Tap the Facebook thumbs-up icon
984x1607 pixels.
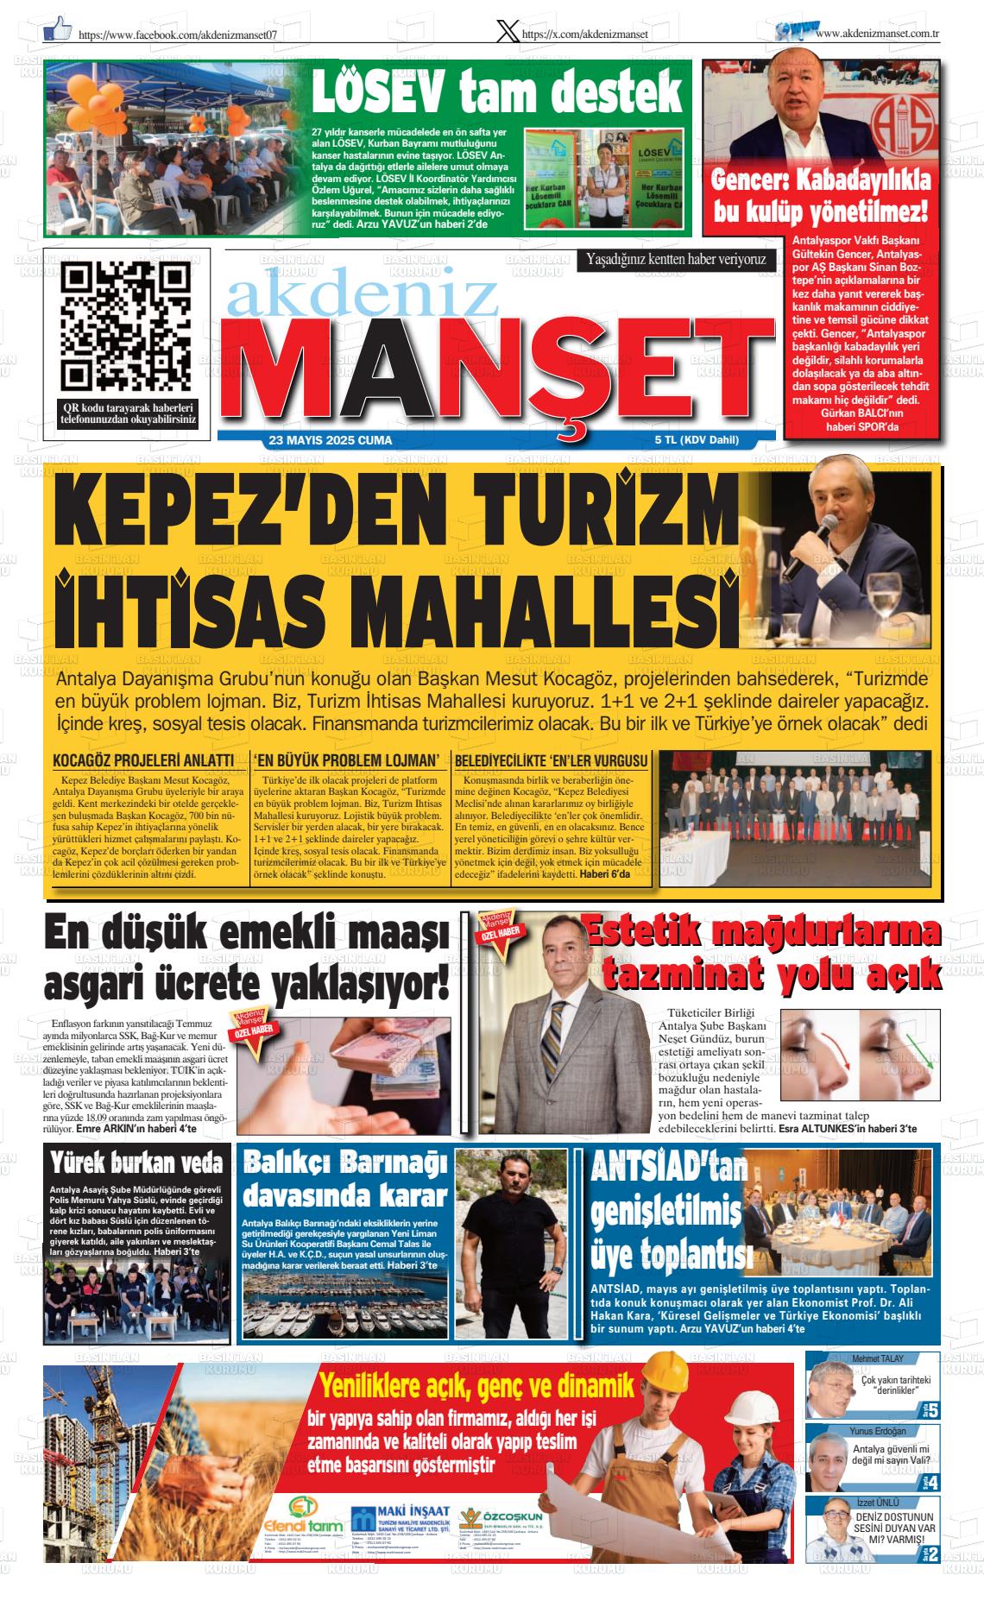point(58,29)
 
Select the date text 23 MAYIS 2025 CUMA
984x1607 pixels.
point(331,441)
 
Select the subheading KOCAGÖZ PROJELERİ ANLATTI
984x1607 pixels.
point(143,760)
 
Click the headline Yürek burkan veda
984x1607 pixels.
point(136,1164)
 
